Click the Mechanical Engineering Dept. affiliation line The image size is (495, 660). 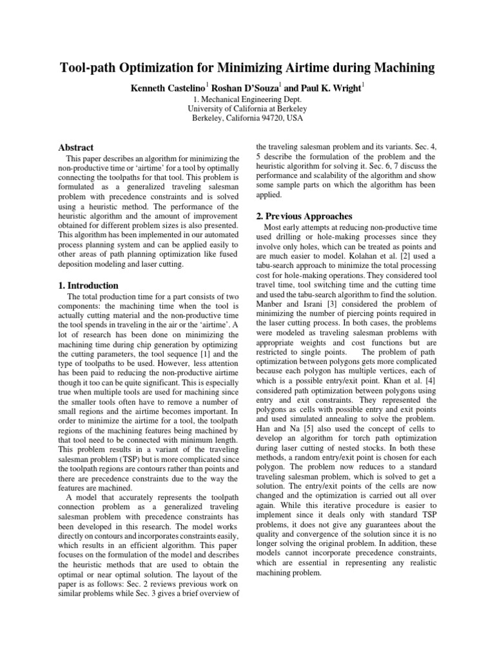point(247,101)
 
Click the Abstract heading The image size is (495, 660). point(76,148)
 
